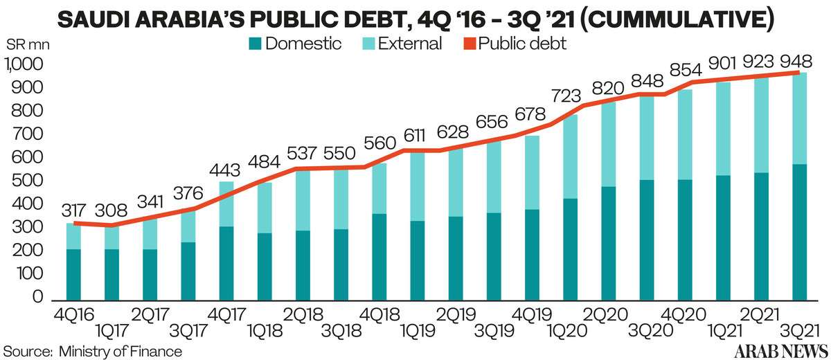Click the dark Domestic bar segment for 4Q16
pyautogui.click(x=73, y=276)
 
